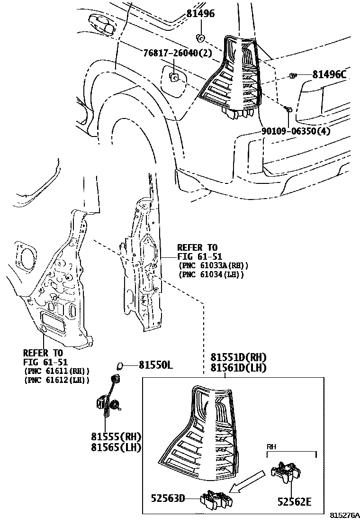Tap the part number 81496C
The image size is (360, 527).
(329, 74)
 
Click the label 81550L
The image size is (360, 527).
(156, 365)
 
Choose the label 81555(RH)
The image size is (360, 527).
(117, 436)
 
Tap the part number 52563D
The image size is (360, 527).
(168, 498)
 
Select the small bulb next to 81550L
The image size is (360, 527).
(120, 365)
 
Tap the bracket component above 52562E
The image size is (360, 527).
(286, 472)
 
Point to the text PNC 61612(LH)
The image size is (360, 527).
(56, 380)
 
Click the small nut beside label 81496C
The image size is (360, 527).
(292, 75)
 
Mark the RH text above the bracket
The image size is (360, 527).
(271, 446)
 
